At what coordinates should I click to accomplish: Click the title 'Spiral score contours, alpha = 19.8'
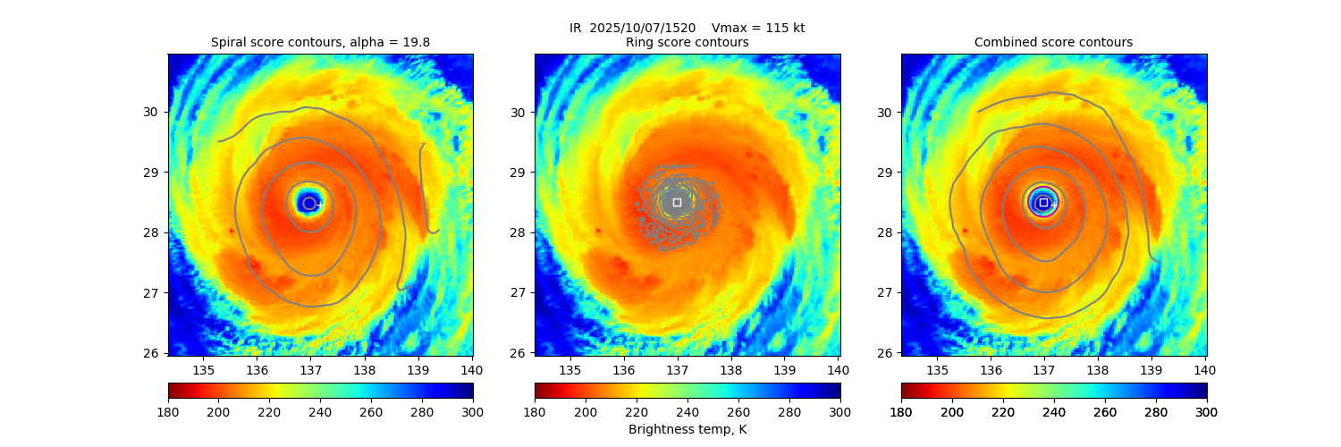320,42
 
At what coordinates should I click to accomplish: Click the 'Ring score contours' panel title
687,42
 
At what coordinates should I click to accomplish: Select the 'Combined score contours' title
1053,42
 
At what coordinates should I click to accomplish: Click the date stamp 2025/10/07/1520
643,28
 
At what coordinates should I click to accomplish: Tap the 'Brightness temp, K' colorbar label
687,429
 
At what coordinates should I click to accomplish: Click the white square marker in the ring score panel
677,202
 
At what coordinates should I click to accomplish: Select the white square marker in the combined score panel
1043,202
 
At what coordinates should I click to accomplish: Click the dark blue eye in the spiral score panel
308,202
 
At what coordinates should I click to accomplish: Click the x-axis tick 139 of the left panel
418,369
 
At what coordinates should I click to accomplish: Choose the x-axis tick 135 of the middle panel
570,369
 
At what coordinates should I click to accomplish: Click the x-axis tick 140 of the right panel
1205,369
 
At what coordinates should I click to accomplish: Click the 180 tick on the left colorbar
168,411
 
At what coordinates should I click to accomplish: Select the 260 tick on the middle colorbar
738,411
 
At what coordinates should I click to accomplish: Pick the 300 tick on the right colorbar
1206,411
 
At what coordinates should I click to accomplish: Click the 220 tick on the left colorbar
270,411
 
